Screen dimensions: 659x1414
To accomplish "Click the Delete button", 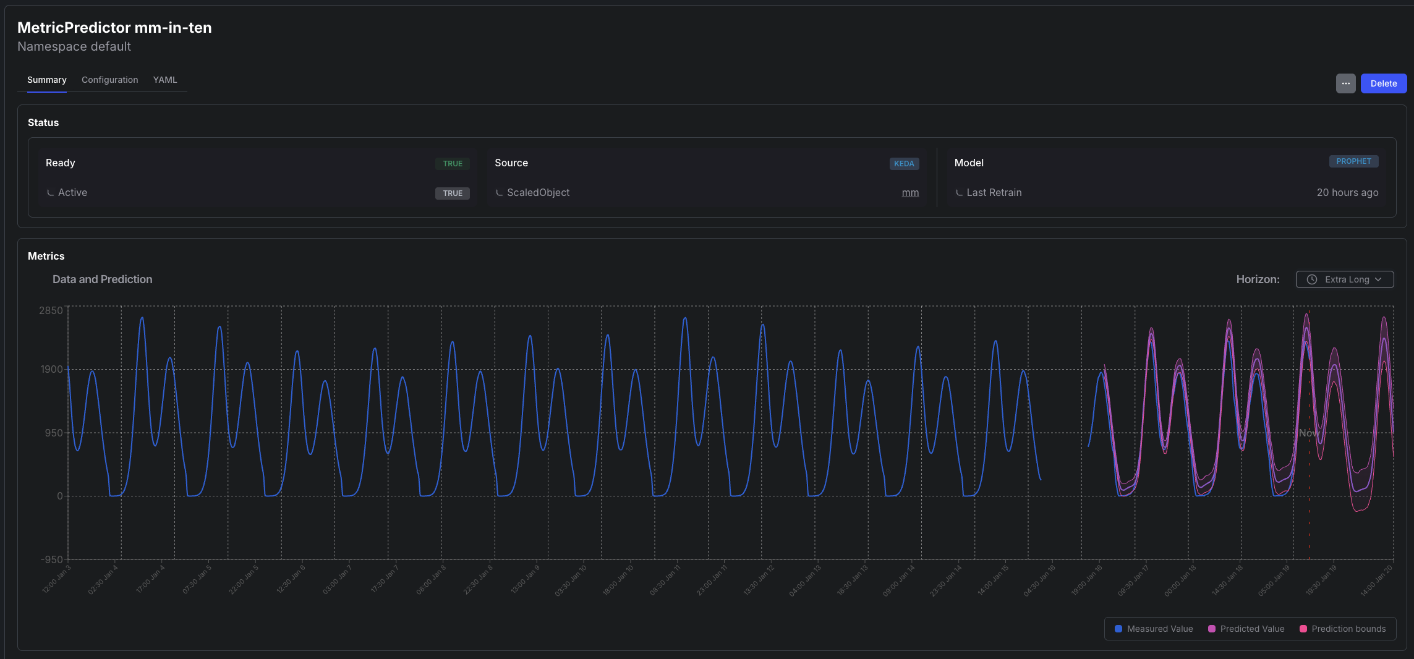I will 1383,83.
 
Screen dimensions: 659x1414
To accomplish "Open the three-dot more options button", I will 1345,83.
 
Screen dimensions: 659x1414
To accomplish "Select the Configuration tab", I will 109,80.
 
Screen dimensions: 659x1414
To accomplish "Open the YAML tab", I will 165,80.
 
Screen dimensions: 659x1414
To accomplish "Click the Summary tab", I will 47,80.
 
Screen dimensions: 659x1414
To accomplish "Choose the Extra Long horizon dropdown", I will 1344,279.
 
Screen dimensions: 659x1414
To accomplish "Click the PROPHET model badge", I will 1353,161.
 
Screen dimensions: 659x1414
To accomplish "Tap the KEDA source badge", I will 904,164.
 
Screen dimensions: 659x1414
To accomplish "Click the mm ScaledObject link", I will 910,193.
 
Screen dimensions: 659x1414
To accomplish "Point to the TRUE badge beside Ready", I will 453,164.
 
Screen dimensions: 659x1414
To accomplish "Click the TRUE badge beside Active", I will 453,193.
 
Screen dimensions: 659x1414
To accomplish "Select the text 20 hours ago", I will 1347,193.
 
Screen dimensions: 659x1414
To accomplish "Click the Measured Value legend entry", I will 1154,629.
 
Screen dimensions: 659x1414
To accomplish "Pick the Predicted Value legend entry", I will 1246,629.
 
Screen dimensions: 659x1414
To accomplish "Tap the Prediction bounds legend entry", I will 1343,629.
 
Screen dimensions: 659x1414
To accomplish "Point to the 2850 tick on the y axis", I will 51,310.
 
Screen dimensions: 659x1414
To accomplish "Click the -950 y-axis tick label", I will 51,559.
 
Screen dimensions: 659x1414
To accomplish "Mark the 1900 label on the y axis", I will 51,369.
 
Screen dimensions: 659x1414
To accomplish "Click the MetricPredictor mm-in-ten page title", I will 114,28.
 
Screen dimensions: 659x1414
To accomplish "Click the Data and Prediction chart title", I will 103,279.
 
